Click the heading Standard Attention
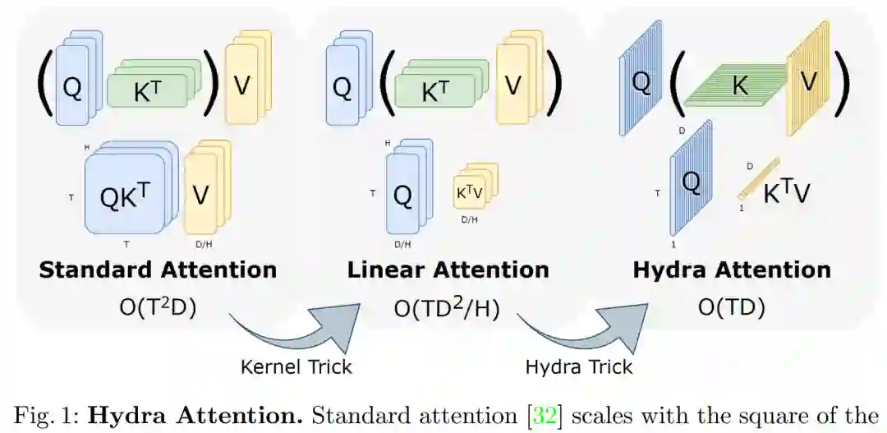158,269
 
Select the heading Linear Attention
448,269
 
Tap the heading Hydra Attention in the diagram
731,269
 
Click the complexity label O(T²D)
158,307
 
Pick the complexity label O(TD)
731,307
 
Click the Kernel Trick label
296,366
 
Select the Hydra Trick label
579,366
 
